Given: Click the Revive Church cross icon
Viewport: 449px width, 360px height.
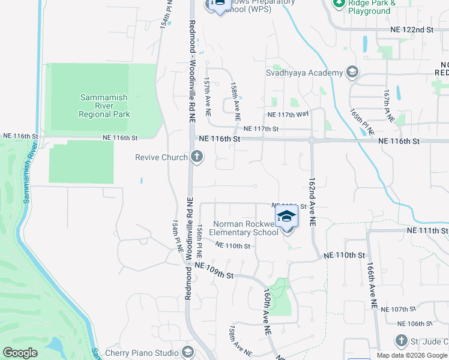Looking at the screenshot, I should tap(196, 157).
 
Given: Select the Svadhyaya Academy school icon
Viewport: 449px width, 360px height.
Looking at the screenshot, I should tap(352, 73).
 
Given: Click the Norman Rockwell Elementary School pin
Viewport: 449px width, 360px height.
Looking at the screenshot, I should tap(286, 217).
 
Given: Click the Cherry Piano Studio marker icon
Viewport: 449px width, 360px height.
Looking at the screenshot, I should tap(188, 352).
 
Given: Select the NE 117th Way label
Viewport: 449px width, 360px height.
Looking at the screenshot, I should tap(288, 114).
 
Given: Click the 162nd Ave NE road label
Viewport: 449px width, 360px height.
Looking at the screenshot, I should tap(312, 201).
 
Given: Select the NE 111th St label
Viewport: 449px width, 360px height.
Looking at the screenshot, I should tap(427, 230).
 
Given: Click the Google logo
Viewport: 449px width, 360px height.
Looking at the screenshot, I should tap(20, 353).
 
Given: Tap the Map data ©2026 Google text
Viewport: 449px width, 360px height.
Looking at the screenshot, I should tap(412, 355).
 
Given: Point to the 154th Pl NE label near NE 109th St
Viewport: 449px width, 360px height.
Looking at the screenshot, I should tap(178, 236).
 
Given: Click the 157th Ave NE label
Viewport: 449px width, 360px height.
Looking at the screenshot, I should tap(207, 96).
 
